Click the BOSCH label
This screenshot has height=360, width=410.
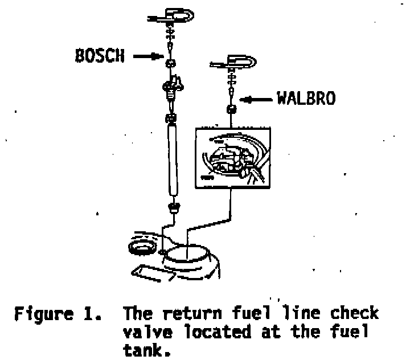coord(99,57)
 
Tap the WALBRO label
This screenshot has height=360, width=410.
coord(305,99)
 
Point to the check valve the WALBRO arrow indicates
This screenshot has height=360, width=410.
coord(232,109)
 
